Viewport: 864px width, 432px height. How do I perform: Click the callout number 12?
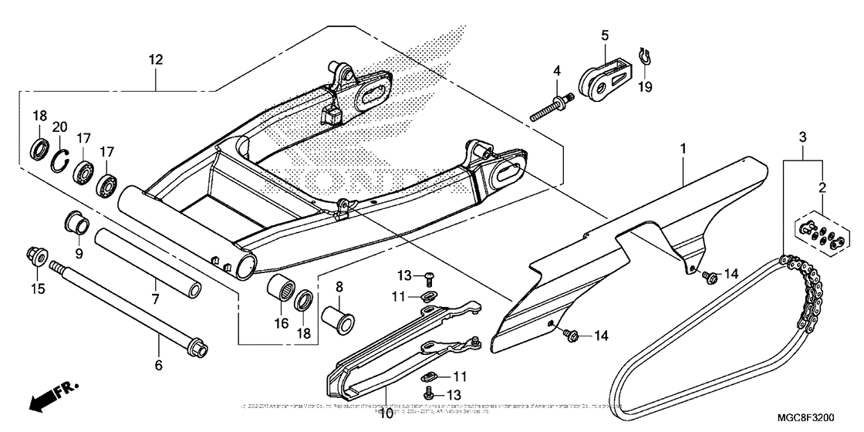point(156,59)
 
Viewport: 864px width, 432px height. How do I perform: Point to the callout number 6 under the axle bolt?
point(159,365)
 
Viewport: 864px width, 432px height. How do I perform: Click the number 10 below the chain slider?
point(385,418)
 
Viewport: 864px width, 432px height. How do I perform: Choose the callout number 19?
point(645,87)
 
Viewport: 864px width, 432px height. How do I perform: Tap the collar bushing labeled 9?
point(74,224)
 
